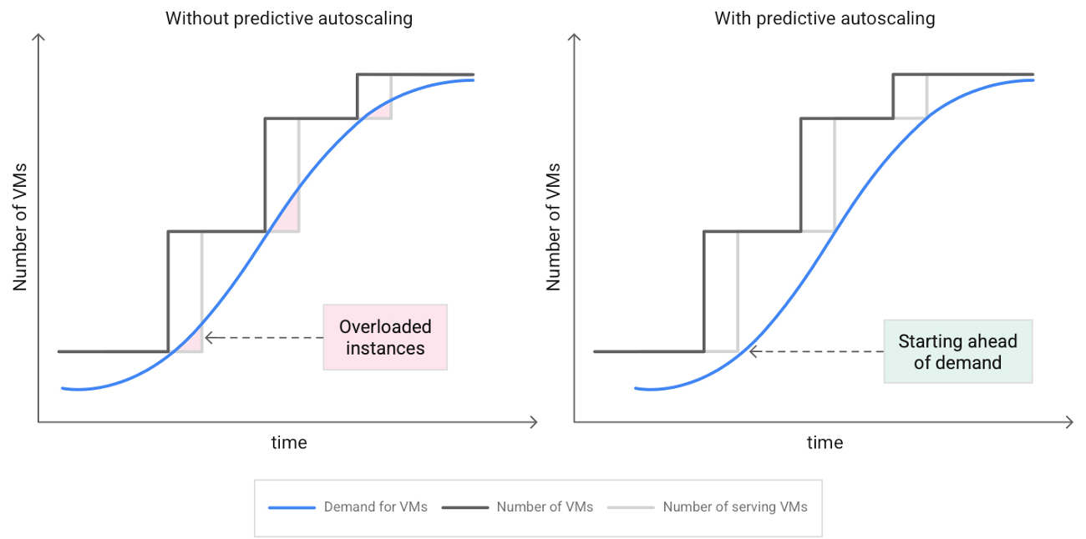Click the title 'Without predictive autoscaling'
click(x=289, y=18)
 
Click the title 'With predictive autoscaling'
click(x=825, y=18)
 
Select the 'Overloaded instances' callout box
click(x=385, y=337)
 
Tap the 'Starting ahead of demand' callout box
click(x=957, y=351)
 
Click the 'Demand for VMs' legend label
click(x=375, y=506)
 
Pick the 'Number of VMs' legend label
click(x=545, y=506)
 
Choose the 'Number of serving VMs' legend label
click(x=735, y=506)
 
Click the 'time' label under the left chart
click(x=289, y=442)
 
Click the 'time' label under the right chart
click(x=825, y=442)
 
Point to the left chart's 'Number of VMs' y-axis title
click(x=20, y=226)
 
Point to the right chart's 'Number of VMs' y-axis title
click(x=553, y=226)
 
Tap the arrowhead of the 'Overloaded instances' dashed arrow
click(x=208, y=337)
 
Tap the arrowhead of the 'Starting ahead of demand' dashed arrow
click(x=753, y=351)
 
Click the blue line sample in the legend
click(x=292, y=507)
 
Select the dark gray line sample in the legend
click(x=464, y=507)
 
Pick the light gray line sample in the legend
click(x=631, y=507)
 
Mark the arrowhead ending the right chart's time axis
click(x=1068, y=422)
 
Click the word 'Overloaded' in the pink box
click(x=385, y=327)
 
